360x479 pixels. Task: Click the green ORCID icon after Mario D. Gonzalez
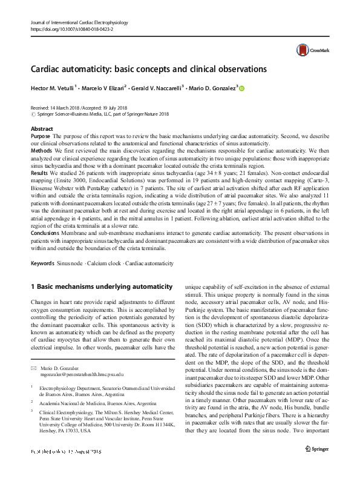tap(242, 88)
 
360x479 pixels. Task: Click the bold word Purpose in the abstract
tap(41, 137)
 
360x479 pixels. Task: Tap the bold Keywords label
tap(44, 263)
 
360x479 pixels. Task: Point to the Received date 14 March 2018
tap(57, 107)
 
